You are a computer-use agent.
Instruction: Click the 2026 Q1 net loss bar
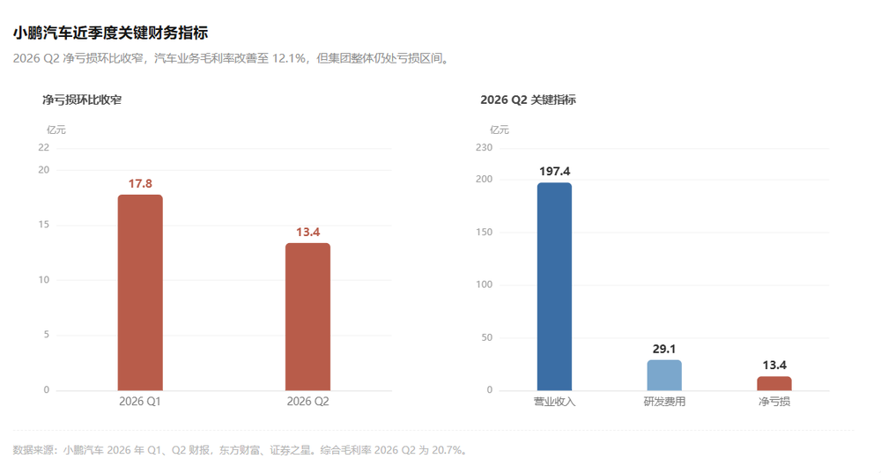click(x=140, y=292)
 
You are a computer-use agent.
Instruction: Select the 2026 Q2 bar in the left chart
click(x=307, y=317)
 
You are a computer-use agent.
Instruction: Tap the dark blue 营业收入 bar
click(x=554, y=286)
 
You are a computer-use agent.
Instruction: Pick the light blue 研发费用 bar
click(x=664, y=375)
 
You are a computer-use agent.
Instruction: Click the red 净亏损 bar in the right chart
click(x=774, y=384)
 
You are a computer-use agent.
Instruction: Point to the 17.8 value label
click(x=140, y=184)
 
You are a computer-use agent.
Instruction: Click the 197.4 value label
click(x=554, y=172)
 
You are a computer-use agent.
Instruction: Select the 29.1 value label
click(x=664, y=349)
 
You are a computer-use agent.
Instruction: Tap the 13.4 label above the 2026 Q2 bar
click(x=307, y=232)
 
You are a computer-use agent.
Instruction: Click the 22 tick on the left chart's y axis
click(x=43, y=148)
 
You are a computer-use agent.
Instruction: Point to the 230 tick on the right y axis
click(x=484, y=148)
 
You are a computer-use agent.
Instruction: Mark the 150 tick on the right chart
click(x=484, y=232)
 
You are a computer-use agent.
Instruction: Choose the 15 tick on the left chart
click(x=43, y=225)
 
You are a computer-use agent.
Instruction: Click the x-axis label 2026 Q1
click(x=139, y=402)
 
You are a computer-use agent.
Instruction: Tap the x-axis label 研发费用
click(x=664, y=402)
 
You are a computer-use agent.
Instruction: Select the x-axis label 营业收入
click(x=554, y=402)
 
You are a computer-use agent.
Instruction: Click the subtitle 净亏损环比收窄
click(x=82, y=100)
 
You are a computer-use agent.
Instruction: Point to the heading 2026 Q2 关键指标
click(x=528, y=100)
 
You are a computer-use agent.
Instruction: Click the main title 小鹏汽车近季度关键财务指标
click(x=111, y=33)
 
